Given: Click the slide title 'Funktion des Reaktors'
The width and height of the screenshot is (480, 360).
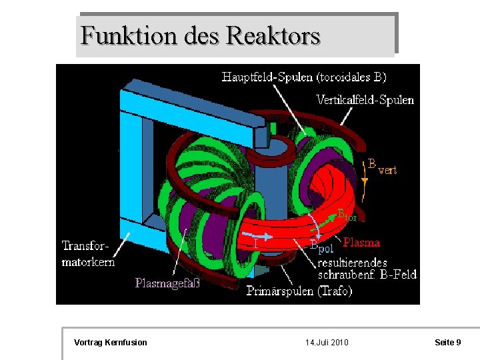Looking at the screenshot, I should (200, 35).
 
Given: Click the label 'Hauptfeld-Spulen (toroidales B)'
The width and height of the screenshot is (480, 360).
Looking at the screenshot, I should (303, 77).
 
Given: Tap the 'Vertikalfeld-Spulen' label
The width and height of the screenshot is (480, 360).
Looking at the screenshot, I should (365, 100).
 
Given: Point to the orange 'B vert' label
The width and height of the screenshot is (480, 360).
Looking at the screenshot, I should (382, 167).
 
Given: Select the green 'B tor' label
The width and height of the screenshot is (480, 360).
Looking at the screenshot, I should (347, 215).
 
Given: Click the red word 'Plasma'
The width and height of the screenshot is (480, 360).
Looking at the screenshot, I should (361, 243).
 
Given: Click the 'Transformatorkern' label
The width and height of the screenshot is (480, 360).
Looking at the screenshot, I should (88, 254).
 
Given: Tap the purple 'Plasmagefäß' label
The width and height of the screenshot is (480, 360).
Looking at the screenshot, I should (167, 283).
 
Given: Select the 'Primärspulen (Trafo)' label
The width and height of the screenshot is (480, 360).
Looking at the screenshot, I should (299, 291).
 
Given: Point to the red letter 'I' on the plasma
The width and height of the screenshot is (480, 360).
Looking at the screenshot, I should (256, 245).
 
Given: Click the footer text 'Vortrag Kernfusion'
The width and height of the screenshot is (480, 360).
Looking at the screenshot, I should (111, 343).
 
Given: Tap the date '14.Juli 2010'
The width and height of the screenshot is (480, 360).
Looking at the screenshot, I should (327, 343).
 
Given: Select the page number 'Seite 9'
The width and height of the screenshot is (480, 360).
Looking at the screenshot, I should (448, 343).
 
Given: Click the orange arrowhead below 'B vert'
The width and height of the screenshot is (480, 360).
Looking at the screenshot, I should (364, 181).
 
